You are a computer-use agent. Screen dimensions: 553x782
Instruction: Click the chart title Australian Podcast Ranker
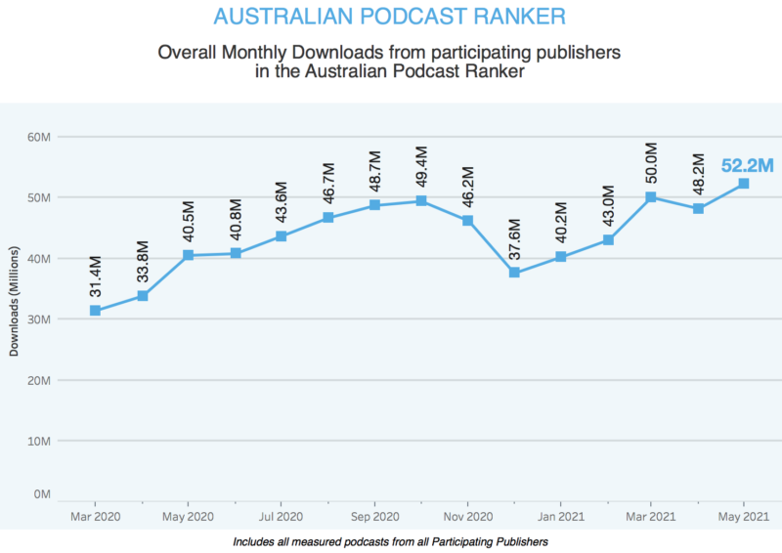tap(389, 18)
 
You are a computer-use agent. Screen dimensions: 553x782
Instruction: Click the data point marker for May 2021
tap(743, 184)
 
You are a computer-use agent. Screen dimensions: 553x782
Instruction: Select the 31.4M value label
tap(95, 280)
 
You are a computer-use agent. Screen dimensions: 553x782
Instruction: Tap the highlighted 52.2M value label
tap(747, 165)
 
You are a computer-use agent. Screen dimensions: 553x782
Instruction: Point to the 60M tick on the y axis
tap(39, 137)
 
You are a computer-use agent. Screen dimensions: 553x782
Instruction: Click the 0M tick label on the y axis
tap(42, 495)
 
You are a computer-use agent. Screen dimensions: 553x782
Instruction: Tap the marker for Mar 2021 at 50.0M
tap(650, 197)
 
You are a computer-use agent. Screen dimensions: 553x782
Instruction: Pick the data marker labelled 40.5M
tap(189, 255)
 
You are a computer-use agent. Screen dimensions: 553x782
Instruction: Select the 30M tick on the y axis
tap(39, 319)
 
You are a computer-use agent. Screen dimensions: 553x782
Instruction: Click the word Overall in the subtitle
tap(191, 51)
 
